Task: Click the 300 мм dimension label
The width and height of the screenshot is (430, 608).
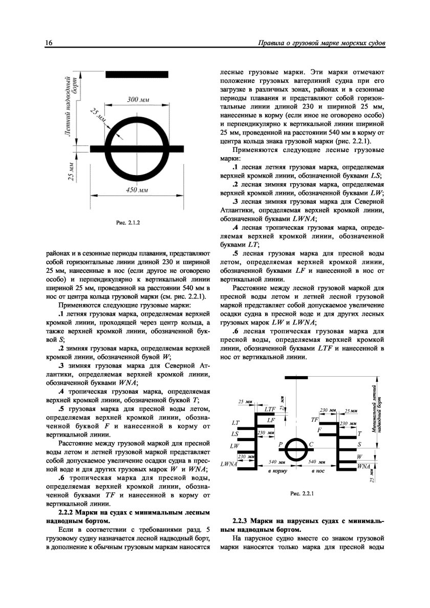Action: point(137,99)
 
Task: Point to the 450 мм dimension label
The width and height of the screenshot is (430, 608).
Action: point(137,190)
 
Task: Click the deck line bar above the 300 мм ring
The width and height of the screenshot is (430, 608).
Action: point(137,74)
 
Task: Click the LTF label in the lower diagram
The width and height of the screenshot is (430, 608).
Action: point(270,409)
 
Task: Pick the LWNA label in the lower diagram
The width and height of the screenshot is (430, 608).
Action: point(228,464)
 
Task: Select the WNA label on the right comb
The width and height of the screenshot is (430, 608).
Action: point(364,466)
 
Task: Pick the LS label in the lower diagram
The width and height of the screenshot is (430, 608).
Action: point(235,434)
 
